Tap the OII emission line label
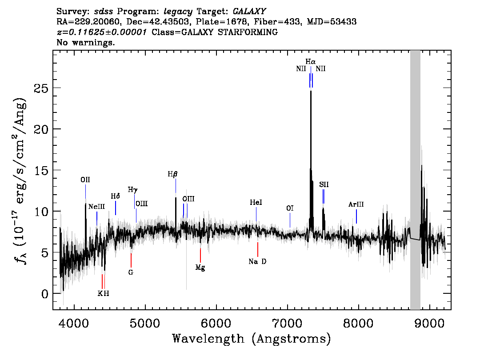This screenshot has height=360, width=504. click(x=85, y=180)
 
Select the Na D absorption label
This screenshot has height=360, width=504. click(x=257, y=262)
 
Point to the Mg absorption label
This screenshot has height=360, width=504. click(x=200, y=268)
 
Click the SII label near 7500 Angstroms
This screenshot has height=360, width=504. click(x=324, y=184)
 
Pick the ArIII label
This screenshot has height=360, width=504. click(x=356, y=204)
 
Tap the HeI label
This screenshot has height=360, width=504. click(x=256, y=203)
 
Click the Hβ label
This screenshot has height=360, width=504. click(x=172, y=174)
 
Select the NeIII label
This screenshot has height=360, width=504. click(x=96, y=207)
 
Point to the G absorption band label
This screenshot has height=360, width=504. click(x=131, y=272)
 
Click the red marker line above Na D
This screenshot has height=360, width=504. click(x=257, y=248)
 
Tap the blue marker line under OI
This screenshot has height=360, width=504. click(x=290, y=220)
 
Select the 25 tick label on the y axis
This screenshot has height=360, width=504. click(x=41, y=88)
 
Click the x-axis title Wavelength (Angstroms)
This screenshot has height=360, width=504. click(x=252, y=339)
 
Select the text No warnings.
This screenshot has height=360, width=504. click(x=86, y=43)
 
